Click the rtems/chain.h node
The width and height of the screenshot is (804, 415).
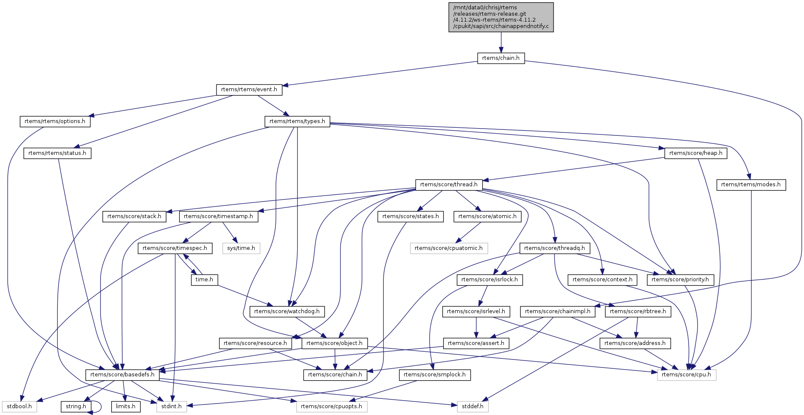[501, 58]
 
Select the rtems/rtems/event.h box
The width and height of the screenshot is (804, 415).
[249, 90]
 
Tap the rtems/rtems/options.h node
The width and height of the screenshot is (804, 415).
[55, 121]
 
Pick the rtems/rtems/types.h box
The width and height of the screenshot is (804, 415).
[297, 121]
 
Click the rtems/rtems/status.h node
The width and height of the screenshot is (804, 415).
[57, 153]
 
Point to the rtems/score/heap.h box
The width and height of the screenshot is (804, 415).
[695, 153]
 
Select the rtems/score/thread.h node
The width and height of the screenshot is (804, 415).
[449, 185]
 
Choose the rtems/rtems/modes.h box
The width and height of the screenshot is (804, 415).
[751, 185]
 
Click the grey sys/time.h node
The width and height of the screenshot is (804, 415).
[241, 248]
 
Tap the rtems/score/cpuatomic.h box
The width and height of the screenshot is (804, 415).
[449, 248]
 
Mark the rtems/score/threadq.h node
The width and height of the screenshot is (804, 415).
[554, 248]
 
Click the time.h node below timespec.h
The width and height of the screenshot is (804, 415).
[204, 280]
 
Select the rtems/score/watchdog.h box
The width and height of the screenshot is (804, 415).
[287, 311]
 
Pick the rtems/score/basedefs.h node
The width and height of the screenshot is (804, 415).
[122, 375]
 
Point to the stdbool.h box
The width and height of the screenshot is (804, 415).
[19, 407]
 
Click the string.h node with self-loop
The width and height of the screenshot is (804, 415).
[76, 407]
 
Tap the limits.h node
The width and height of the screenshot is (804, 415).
[126, 407]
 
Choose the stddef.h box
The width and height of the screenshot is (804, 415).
[472, 407]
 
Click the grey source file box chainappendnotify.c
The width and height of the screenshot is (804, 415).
[501, 17]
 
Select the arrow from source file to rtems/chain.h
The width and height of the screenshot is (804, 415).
[501, 42]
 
